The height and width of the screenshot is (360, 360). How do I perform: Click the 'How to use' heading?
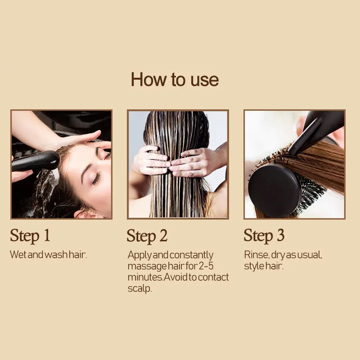point(175,80)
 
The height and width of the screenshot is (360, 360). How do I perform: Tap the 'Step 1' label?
point(30,236)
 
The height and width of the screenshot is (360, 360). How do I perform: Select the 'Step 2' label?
point(147,236)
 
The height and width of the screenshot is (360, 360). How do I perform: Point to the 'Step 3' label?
point(264,236)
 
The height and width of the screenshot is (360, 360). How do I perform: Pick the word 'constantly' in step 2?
point(192,255)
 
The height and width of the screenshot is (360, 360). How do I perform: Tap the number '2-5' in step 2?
point(206,266)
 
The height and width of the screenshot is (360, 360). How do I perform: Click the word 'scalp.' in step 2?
point(139,288)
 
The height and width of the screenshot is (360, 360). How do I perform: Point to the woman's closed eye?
point(97,178)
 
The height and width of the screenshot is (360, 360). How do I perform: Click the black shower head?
point(36,161)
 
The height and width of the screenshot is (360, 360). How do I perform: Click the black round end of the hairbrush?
point(274,190)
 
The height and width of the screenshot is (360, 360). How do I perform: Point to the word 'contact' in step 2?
point(213,277)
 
